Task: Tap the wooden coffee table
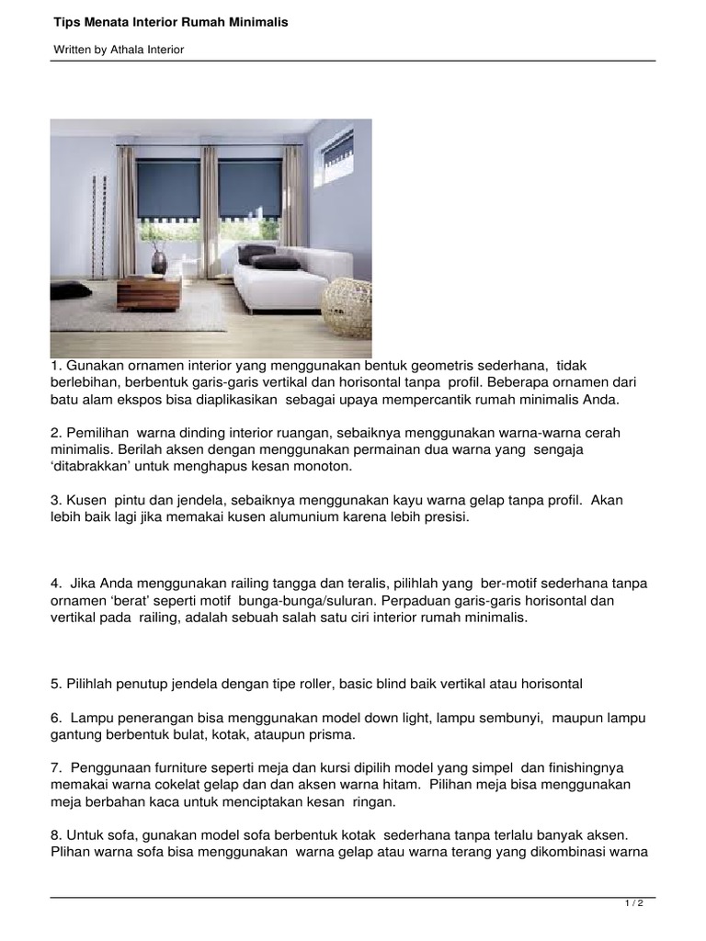coord(149,292)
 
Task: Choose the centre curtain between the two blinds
coord(209,198)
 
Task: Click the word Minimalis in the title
coord(259,21)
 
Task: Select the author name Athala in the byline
coord(128,50)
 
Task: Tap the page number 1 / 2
coord(633,904)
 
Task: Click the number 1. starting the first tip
coord(56,366)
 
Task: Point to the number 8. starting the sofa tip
coord(56,834)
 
